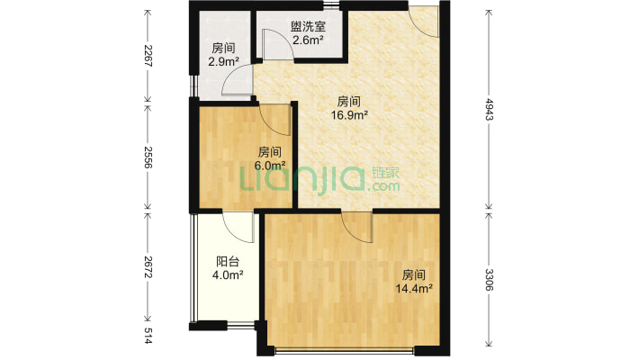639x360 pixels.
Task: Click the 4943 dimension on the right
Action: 488,106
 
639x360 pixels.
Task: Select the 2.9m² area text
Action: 224,62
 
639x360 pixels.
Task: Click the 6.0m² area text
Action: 271,165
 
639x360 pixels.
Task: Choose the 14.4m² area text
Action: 415,288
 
